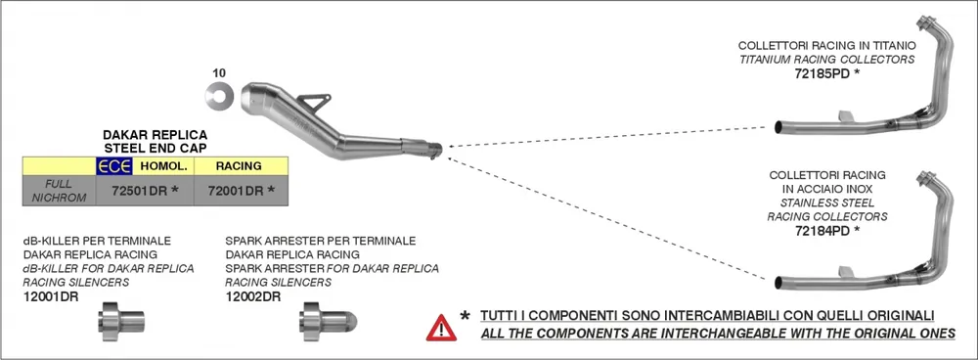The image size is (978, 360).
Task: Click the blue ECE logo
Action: tap(112, 166)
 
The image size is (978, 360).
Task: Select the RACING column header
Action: tap(238, 166)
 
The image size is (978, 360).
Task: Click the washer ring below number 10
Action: tap(218, 94)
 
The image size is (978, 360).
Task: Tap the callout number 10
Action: tap(219, 72)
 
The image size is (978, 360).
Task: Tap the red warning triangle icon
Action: tap(441, 326)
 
